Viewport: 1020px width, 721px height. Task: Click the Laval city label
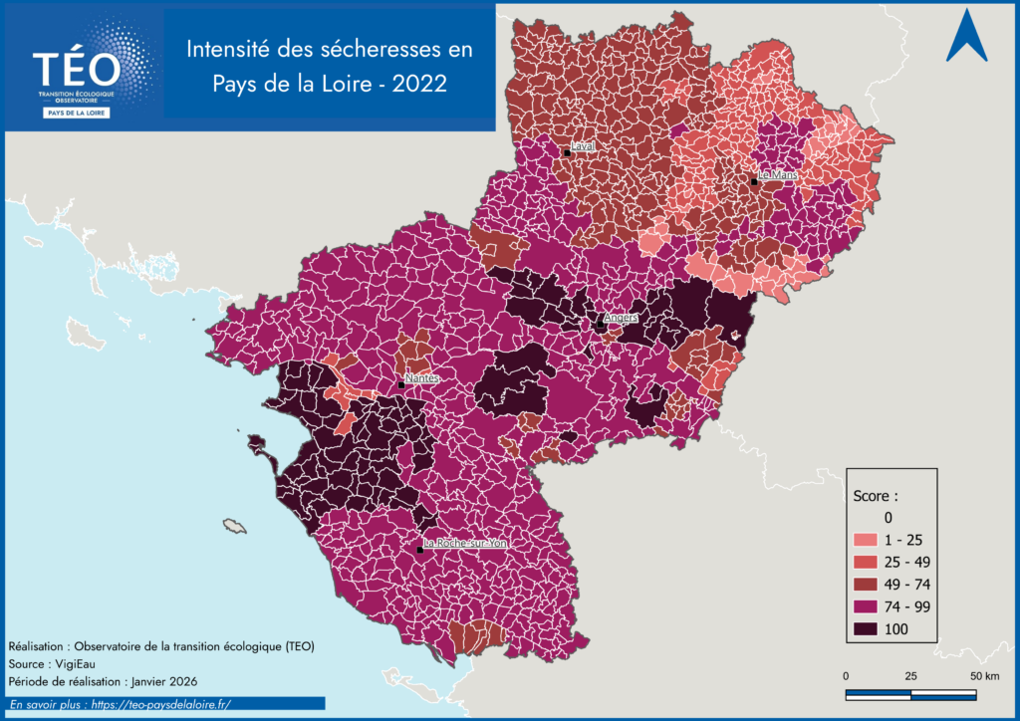583,145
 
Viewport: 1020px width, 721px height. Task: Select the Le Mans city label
777,174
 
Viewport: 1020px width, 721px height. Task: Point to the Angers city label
621,318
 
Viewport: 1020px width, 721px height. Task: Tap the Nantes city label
422,378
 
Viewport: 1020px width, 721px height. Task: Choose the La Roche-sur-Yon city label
465,544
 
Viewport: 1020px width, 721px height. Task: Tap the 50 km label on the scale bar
984,676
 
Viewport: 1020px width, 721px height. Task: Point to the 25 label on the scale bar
910,676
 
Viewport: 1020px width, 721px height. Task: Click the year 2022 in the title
419,85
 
